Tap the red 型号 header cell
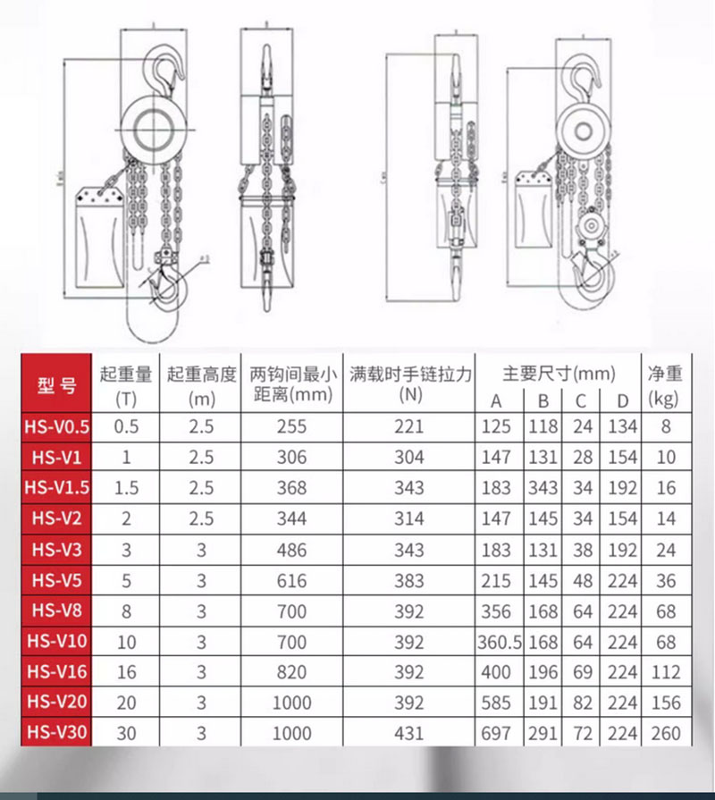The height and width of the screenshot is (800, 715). pos(57,385)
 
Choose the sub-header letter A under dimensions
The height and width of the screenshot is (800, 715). pos(497,400)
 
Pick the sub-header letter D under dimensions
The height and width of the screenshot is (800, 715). pos(622,400)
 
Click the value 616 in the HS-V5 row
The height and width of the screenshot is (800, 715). pos(290,580)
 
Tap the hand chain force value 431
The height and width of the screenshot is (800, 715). pos(408,733)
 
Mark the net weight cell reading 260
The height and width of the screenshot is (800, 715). pos(665,733)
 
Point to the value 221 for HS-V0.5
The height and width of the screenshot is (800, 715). pos(408,426)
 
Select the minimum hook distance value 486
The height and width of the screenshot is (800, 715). pos(290,549)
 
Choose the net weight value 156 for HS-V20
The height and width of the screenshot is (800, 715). pos(665,703)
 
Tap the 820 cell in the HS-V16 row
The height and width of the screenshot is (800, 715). pos(290,672)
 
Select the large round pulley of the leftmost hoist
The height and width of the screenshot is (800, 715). pos(154,124)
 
